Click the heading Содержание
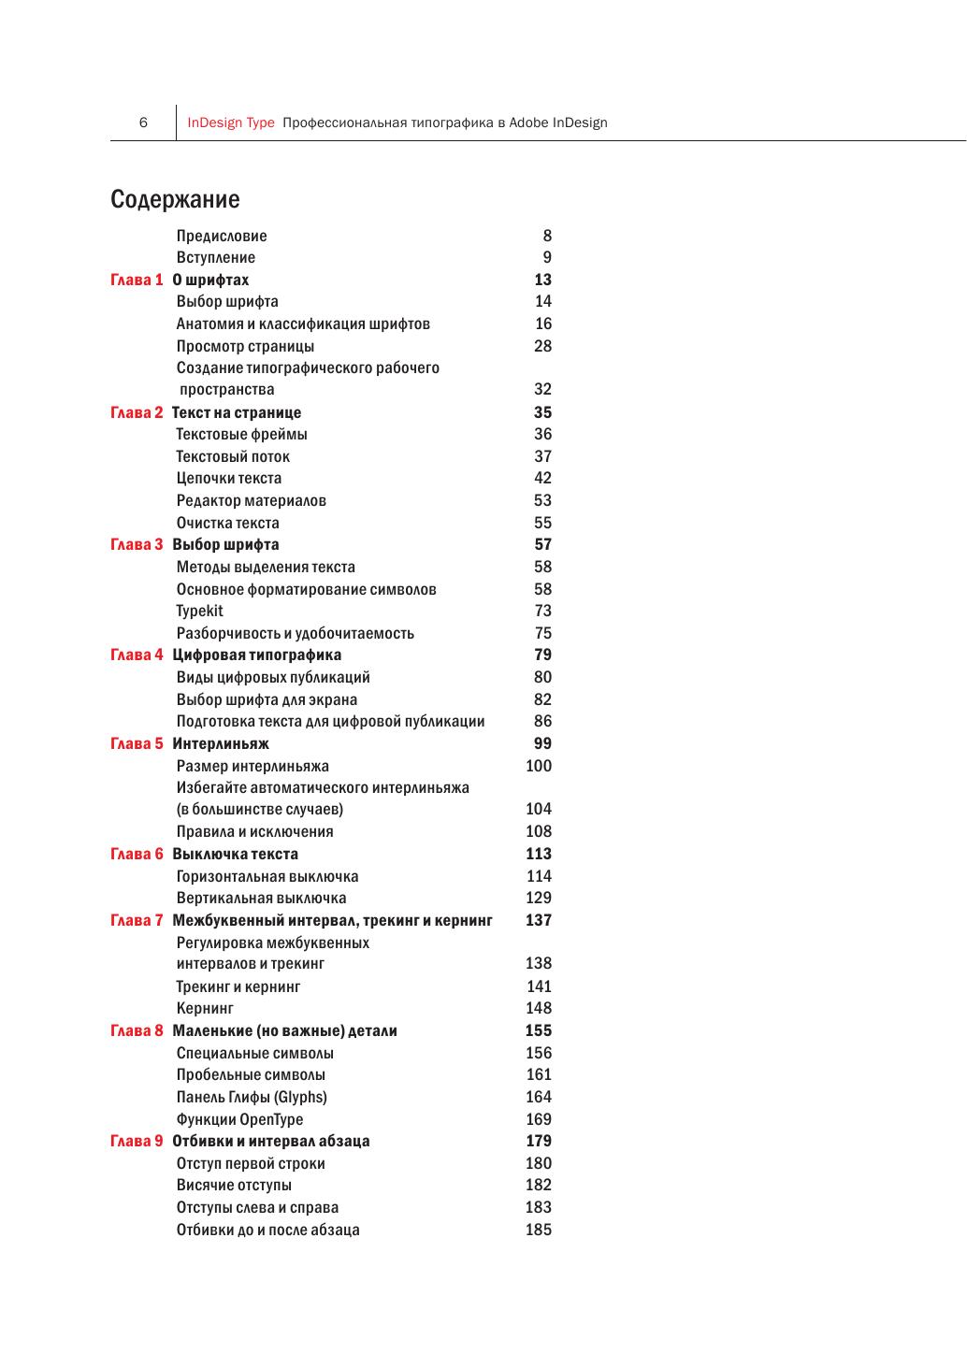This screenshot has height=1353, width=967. [175, 199]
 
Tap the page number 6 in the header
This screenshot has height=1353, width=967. [143, 122]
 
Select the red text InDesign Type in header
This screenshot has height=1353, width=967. [231, 122]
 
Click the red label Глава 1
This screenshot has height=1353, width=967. [137, 280]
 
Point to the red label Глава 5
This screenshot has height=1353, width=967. [137, 743]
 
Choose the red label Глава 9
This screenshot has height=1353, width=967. [137, 1141]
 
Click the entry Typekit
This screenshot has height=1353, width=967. [200, 611]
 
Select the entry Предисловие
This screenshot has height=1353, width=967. [222, 236]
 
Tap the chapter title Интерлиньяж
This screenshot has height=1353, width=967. [221, 743]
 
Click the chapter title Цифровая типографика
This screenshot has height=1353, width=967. [257, 655]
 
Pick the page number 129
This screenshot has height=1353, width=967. [539, 898]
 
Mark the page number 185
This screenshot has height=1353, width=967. [539, 1230]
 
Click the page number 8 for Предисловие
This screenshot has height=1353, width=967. [547, 236]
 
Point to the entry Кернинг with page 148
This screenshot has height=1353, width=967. [205, 1008]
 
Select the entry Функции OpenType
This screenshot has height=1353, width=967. [239, 1119]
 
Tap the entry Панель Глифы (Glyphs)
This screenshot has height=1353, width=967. [252, 1097]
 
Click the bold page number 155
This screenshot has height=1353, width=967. [539, 1030]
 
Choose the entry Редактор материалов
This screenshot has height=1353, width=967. [252, 500]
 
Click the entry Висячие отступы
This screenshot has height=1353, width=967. [234, 1185]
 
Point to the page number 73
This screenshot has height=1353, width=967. [543, 611]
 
